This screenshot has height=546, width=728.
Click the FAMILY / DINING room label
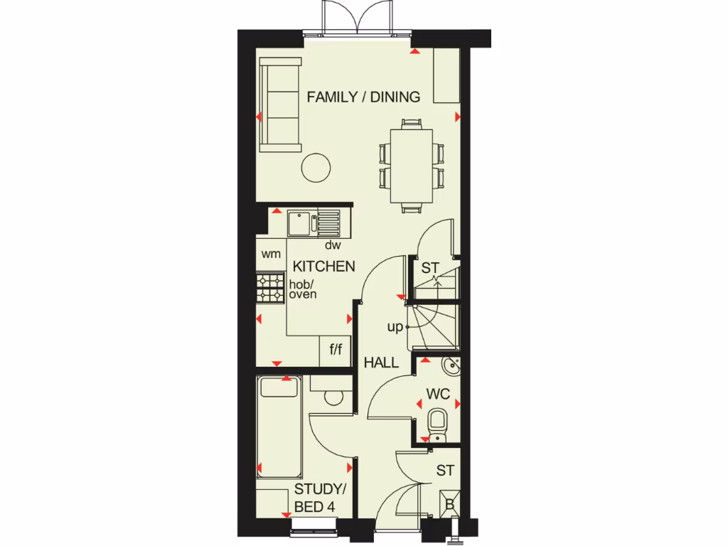tap(363, 97)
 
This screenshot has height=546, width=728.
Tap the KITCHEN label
tap(324, 267)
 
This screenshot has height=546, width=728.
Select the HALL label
tap(382, 363)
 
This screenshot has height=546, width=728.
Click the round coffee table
tap(316, 168)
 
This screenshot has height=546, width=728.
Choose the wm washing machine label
tap(271, 254)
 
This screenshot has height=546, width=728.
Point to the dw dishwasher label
tap(333, 246)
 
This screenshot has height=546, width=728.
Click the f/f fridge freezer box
tap(336, 350)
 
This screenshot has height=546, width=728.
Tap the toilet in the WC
tap(436, 422)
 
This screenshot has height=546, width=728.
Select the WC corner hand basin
tap(451, 367)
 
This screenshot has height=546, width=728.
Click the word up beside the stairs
tap(395, 327)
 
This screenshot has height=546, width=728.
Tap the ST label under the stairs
tap(430, 269)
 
